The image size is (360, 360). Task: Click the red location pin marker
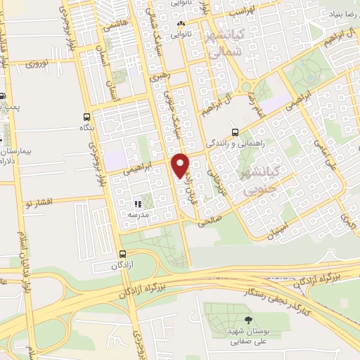(x=181, y=165)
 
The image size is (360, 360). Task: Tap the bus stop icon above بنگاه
(x=86, y=117)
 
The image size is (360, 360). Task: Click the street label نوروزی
(x=40, y=64)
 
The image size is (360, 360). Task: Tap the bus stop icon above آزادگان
(x=123, y=255)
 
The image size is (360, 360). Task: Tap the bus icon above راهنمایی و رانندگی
(x=236, y=131)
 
